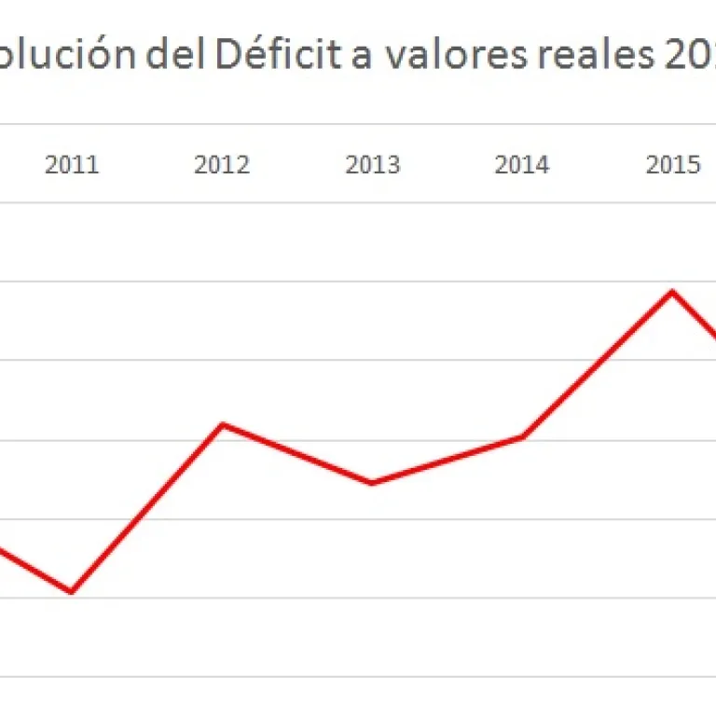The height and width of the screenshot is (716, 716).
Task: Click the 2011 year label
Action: pos(72,165)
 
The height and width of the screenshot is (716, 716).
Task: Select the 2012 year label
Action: pos(222,165)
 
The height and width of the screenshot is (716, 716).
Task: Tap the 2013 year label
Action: pos(372,165)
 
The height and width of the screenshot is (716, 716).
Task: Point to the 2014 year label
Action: pos(522,165)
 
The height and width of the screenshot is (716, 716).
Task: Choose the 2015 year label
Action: pos(672,165)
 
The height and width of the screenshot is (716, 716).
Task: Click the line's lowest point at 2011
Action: pos(72,591)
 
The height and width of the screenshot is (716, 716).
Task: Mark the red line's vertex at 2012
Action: pos(222,425)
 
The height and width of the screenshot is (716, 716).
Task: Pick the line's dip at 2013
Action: pos(372,483)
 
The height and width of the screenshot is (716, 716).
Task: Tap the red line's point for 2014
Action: pos(522,436)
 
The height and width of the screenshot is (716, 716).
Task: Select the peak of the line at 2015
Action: pos(672,292)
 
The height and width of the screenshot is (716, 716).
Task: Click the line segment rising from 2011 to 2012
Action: pos(146,508)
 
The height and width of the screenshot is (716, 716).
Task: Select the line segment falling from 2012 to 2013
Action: pos(296,454)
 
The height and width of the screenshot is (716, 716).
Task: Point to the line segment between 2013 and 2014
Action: pos(447,460)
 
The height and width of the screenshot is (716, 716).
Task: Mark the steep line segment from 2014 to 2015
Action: pos(597,365)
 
